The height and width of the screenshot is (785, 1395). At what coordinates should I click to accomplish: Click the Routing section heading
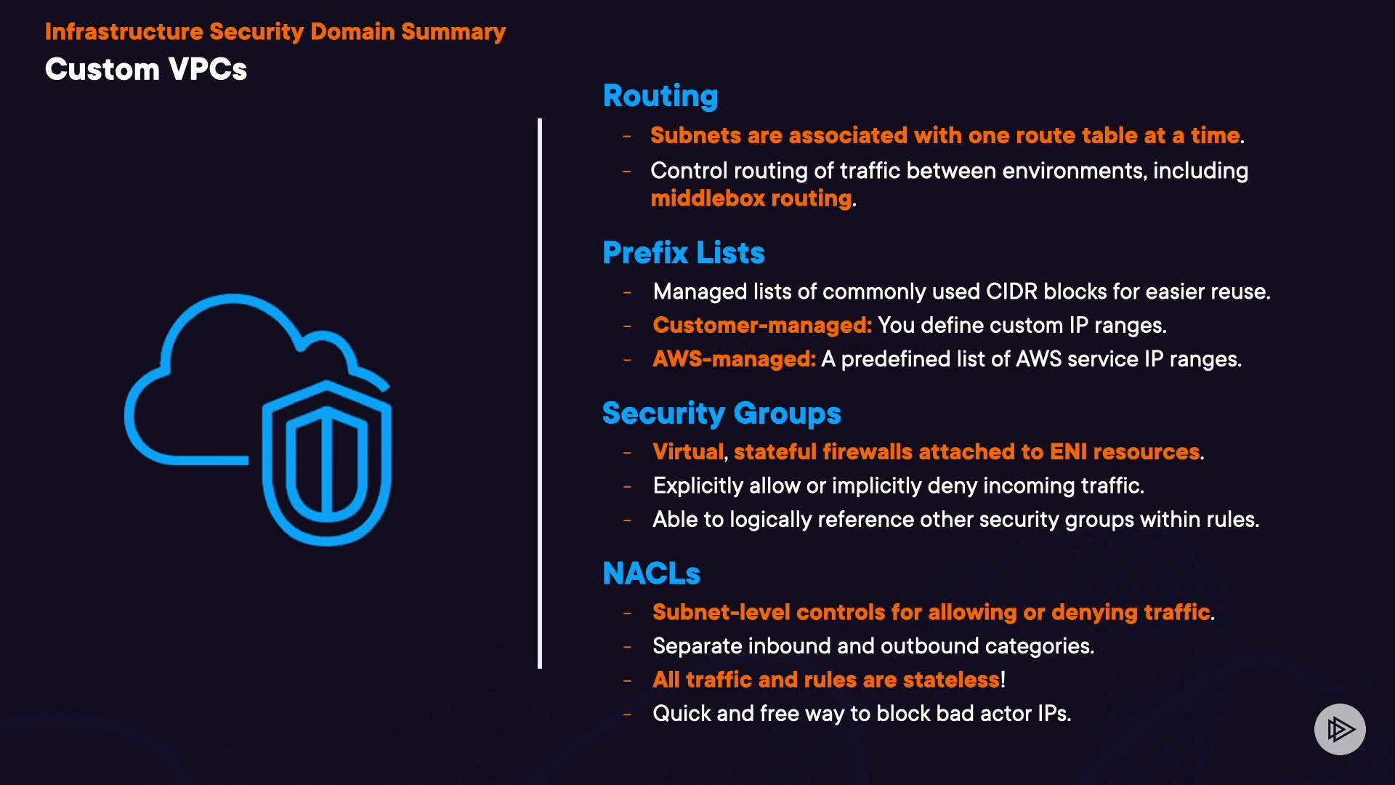(x=660, y=96)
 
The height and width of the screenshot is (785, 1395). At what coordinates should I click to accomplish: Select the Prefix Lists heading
(x=683, y=253)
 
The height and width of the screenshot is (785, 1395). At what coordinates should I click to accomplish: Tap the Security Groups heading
(x=721, y=414)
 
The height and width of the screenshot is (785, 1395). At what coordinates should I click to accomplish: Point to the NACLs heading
(x=651, y=573)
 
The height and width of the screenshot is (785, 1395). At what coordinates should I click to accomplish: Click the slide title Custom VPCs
(x=146, y=70)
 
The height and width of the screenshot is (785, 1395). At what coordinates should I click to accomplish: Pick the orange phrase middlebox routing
(x=751, y=198)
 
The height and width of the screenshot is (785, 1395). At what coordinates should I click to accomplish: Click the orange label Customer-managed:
(x=761, y=325)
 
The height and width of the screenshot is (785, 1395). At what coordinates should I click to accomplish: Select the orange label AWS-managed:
(x=734, y=359)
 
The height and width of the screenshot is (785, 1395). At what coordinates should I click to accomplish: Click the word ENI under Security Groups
(x=1068, y=451)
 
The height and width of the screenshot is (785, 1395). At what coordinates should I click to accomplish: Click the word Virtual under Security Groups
(x=687, y=451)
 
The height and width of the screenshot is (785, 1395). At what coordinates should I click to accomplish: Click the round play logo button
(x=1340, y=729)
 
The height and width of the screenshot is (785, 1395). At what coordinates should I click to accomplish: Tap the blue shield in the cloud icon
(x=327, y=463)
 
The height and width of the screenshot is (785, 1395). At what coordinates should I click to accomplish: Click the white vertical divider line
(x=540, y=392)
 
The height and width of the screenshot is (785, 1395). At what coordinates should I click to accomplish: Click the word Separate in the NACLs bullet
(x=697, y=646)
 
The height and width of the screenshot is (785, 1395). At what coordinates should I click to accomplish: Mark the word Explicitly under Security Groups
(x=697, y=486)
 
